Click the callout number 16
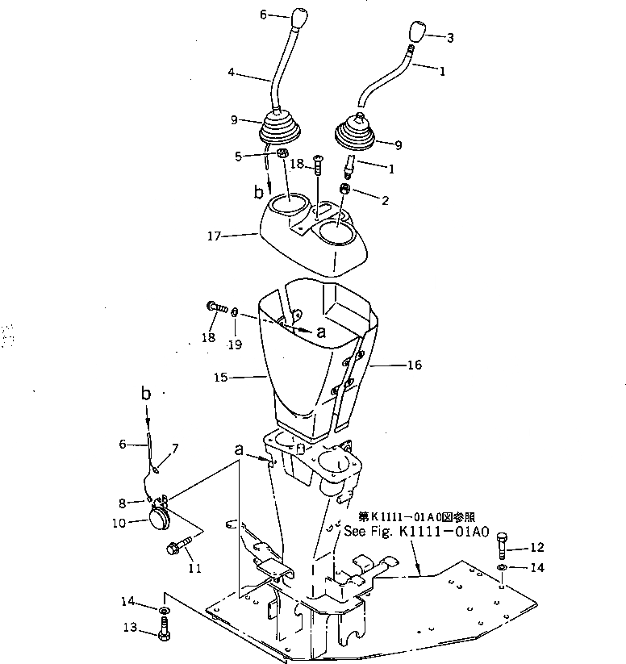pos(415,365)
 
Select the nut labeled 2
pos(345,191)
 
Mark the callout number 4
pos(232,73)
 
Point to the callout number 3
pos(450,37)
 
